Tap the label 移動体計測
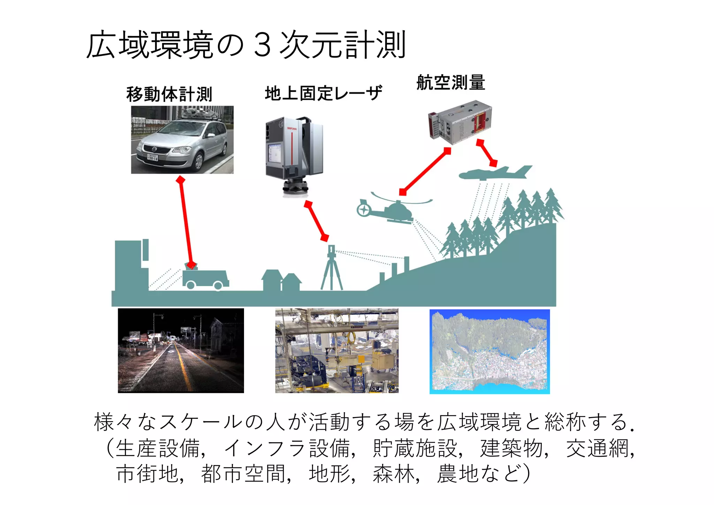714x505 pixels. point(169,94)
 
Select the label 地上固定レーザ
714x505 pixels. point(323,93)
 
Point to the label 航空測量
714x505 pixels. point(451,83)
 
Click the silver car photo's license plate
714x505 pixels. point(152,157)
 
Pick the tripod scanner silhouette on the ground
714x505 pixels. point(332,269)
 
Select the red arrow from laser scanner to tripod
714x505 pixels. point(316,221)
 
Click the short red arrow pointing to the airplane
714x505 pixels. point(487,153)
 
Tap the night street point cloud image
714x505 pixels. point(181,350)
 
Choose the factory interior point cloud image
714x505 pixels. point(337,350)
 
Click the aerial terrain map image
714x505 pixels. point(489,351)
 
